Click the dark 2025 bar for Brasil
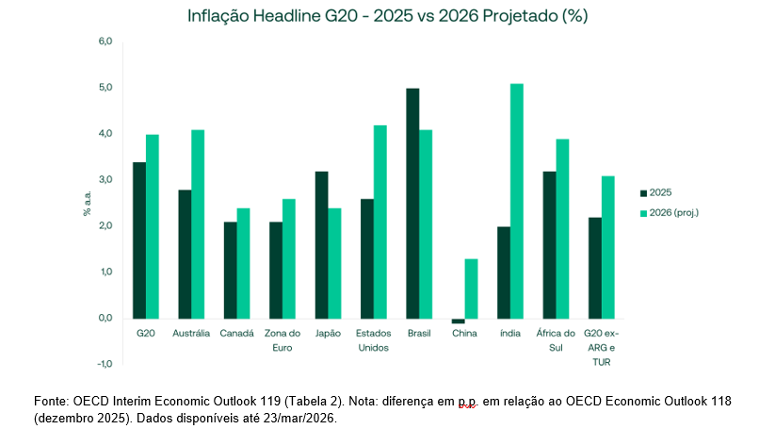[412, 204]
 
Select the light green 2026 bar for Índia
[516, 201]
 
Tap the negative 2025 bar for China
[458, 321]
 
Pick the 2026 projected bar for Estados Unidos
[380, 222]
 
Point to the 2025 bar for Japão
[321, 245]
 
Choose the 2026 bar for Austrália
[198, 224]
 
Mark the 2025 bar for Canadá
[231, 271]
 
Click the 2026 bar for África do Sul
[562, 229]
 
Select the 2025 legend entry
[656, 193]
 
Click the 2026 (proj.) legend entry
[670, 213]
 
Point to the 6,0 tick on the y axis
[105, 41]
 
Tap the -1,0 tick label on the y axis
[105, 364]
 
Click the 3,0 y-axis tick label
[105, 180]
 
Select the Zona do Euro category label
[283, 340]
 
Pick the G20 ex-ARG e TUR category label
[601, 348]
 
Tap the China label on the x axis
[464, 334]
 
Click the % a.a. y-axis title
[88, 203]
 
